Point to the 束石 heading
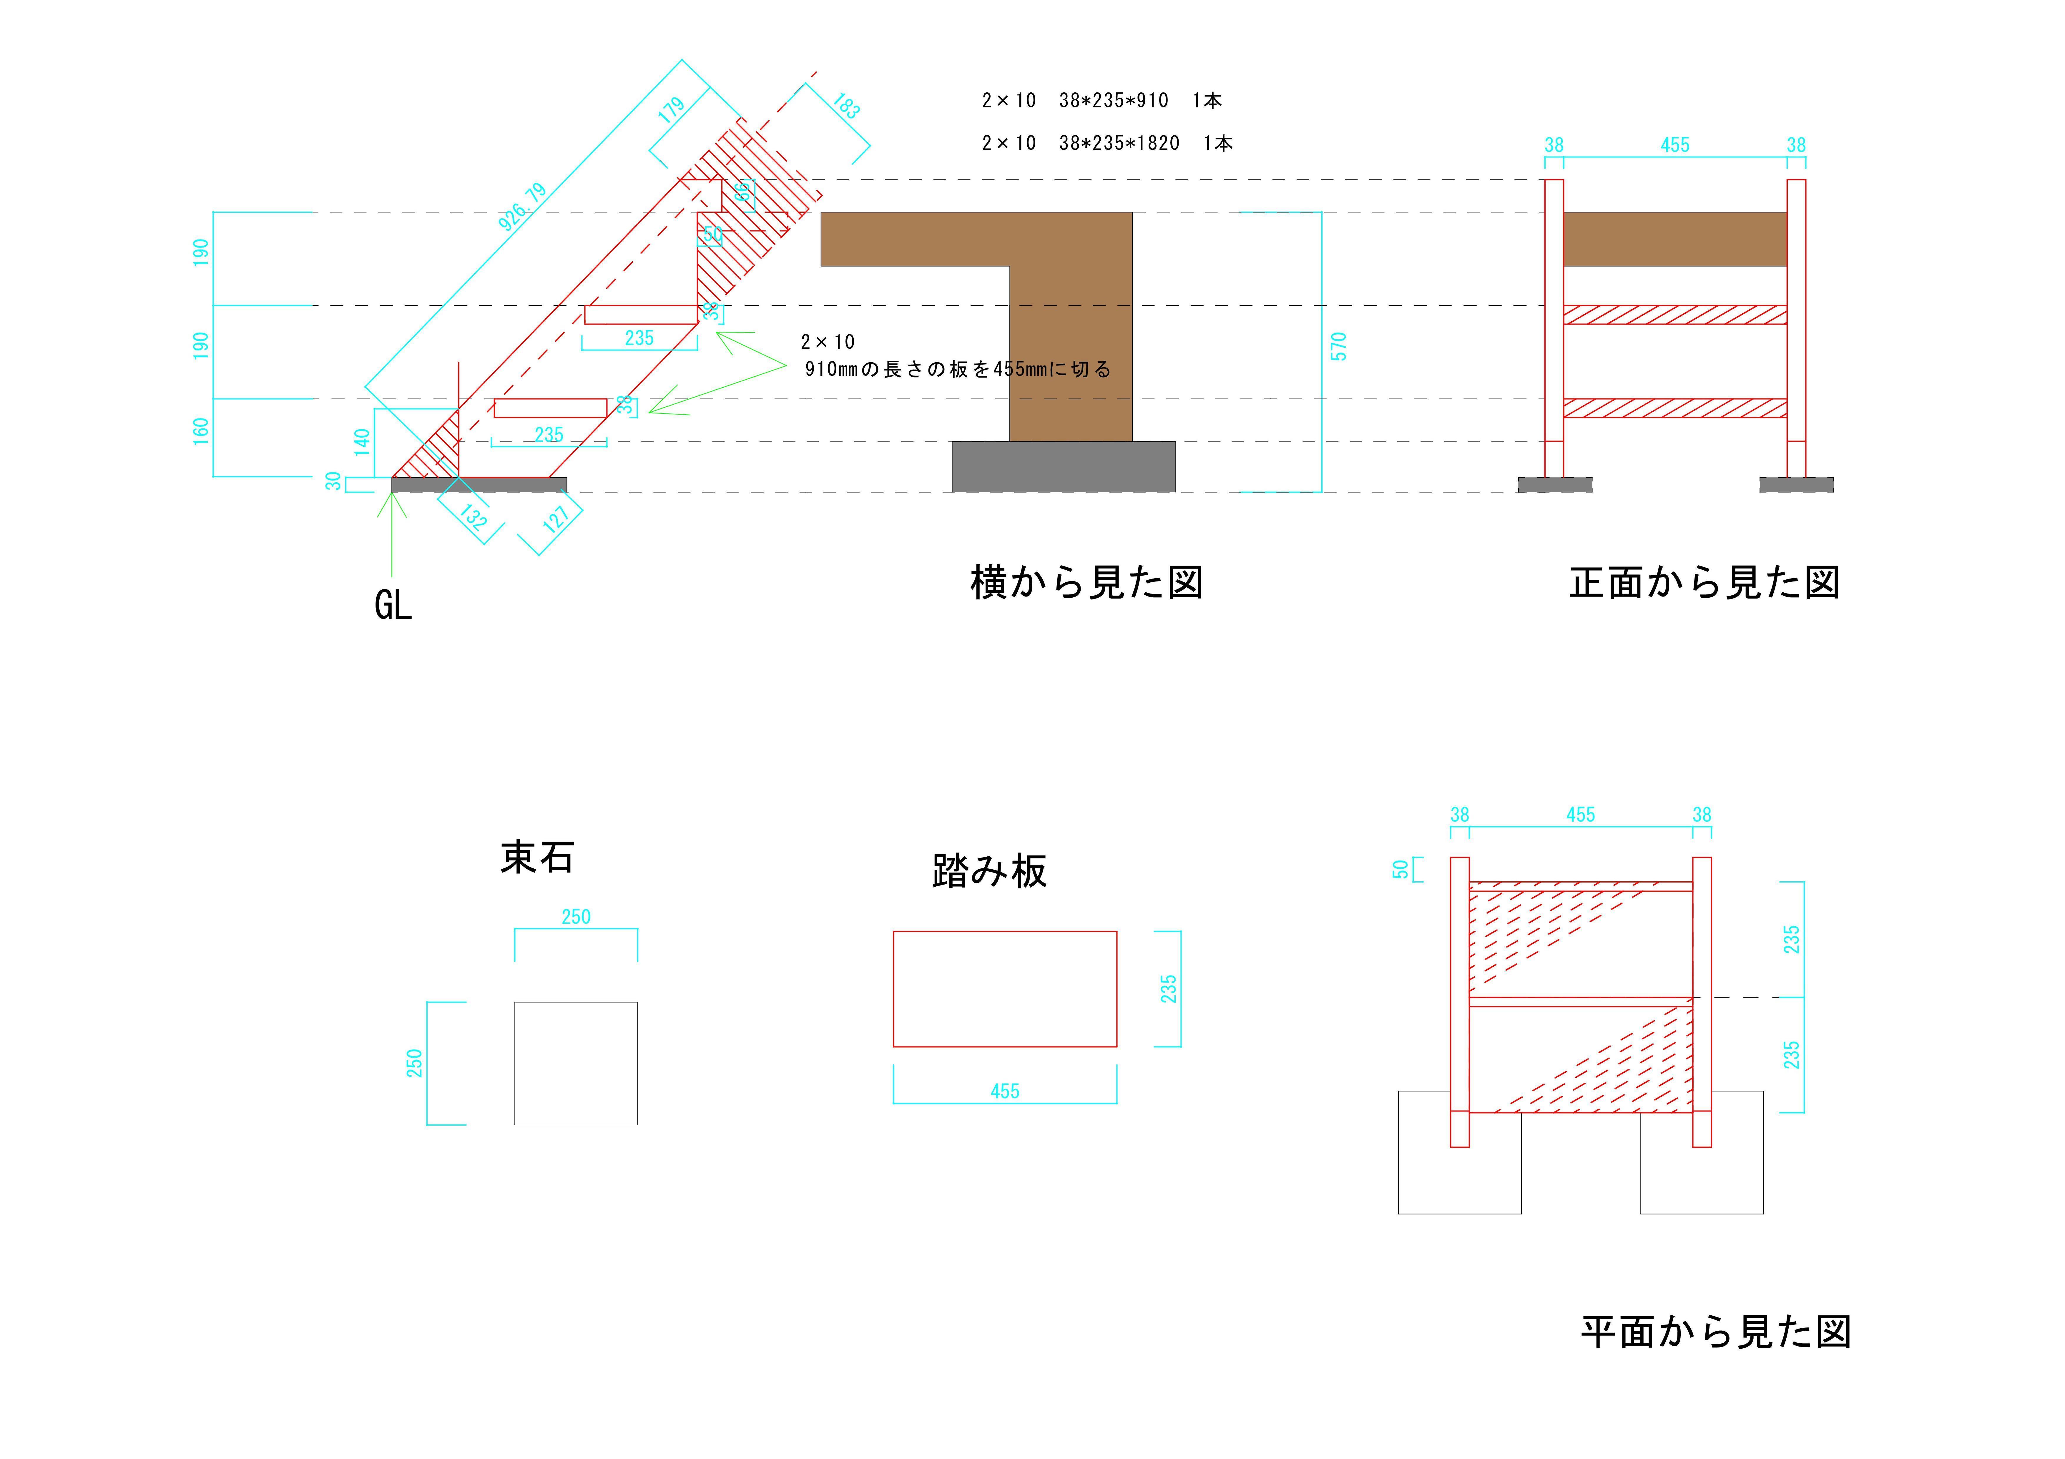pyautogui.click(x=537, y=857)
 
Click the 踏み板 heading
pyautogui.click(x=989, y=871)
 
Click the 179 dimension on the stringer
pyautogui.click(x=671, y=111)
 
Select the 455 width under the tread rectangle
pyautogui.click(x=1005, y=1091)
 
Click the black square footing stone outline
pyautogui.click(x=576, y=1063)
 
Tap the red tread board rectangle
pyautogui.click(x=1005, y=988)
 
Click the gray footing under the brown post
pyautogui.click(x=1063, y=467)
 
